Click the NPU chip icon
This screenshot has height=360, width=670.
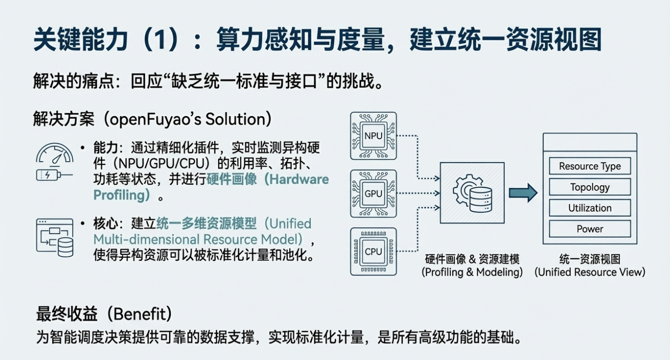(x=373, y=136)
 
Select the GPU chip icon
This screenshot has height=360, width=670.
(x=373, y=193)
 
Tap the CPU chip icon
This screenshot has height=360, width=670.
(x=373, y=251)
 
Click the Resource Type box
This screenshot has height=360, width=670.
(x=589, y=166)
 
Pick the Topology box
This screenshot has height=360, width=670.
(x=589, y=187)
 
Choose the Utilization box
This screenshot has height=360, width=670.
(x=589, y=208)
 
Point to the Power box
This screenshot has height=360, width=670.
(x=589, y=229)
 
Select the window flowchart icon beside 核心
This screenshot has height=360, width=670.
(x=55, y=237)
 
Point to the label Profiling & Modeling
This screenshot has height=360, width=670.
(x=472, y=272)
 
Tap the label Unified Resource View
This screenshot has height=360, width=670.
(x=589, y=272)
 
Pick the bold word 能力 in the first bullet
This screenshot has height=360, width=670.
(x=105, y=148)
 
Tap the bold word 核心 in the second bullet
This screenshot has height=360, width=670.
(x=105, y=223)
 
